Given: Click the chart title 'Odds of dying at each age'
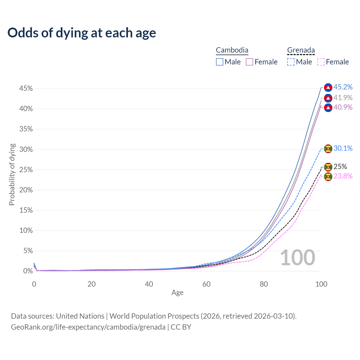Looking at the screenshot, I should (82, 33).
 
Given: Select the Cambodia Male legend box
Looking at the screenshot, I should (220, 62).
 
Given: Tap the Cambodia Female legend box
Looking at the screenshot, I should (249, 62).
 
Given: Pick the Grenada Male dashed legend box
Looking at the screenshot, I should (291, 62).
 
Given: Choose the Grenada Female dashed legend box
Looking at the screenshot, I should (321, 62).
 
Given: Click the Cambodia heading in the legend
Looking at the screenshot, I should (232, 50).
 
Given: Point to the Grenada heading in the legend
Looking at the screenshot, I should (301, 50).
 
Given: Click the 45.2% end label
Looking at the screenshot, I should (343, 87).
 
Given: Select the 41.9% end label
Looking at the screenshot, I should (343, 98).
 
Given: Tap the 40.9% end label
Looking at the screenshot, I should (343, 107).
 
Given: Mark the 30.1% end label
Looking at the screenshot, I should (343, 148).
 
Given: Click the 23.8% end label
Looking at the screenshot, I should (343, 176).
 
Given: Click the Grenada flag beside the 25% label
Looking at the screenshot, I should (328, 167).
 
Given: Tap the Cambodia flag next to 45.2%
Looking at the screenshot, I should (328, 87).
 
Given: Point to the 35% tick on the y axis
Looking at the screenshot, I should (26, 129).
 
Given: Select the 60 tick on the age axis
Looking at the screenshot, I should (206, 284).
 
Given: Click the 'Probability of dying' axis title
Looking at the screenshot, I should (12, 174).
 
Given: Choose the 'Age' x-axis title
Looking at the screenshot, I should (177, 293).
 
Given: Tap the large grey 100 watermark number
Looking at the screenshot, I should (298, 258).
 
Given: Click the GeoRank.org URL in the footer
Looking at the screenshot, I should (88, 327).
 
